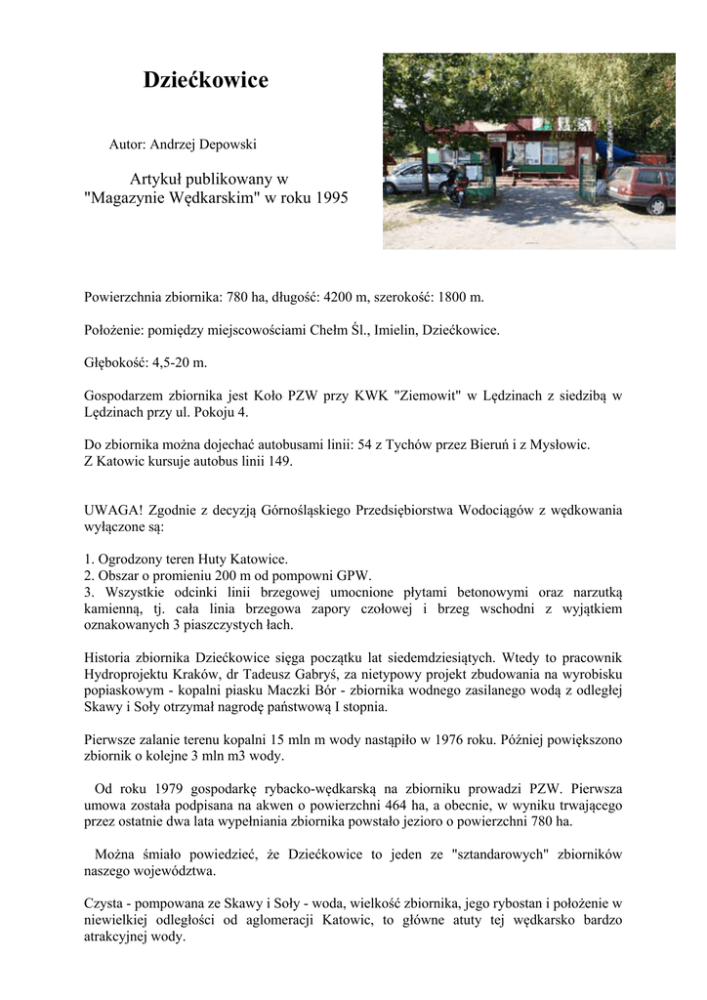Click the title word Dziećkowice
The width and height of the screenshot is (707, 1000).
pyautogui.click(x=206, y=80)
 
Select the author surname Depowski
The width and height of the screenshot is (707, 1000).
pyautogui.click(x=227, y=145)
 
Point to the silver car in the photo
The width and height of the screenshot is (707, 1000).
pyautogui.click(x=415, y=178)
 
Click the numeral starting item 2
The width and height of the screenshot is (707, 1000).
pyautogui.click(x=88, y=576)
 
